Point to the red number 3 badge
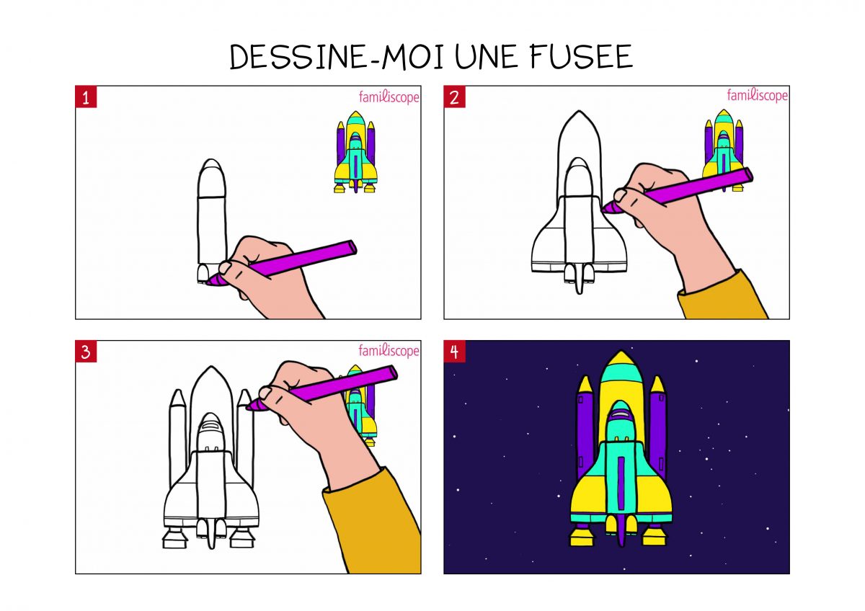pyautogui.click(x=86, y=352)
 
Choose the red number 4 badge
pyautogui.click(x=454, y=352)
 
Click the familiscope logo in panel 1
pyautogui.click(x=389, y=97)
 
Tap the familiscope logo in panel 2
pyautogui.click(x=757, y=95)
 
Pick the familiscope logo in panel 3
pyautogui.click(x=389, y=351)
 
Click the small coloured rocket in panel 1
pyautogui.click(x=355, y=153)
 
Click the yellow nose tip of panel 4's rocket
pyautogui.click(x=617, y=359)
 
